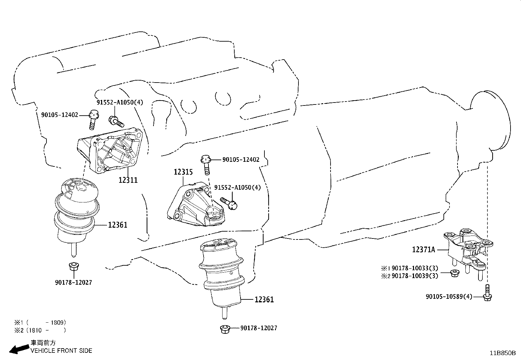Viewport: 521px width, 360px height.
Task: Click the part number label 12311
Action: (128, 180)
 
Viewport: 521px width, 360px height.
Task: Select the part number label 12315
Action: (183, 172)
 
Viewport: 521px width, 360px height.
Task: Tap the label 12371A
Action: (423, 250)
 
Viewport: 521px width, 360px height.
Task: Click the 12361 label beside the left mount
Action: (117, 225)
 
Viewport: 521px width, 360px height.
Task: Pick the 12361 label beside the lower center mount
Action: (264, 299)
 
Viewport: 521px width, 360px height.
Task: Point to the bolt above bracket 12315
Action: (206, 165)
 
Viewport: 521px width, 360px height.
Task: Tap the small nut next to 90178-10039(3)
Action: (454, 273)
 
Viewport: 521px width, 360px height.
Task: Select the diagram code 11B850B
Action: (503, 353)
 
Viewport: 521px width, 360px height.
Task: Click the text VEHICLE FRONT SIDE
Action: (61, 351)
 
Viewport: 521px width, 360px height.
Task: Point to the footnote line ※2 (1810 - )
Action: (40, 330)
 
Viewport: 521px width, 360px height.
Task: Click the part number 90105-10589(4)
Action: (449, 297)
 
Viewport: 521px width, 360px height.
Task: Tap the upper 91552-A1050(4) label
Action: (120, 102)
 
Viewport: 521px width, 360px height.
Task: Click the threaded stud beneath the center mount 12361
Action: (224, 313)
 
